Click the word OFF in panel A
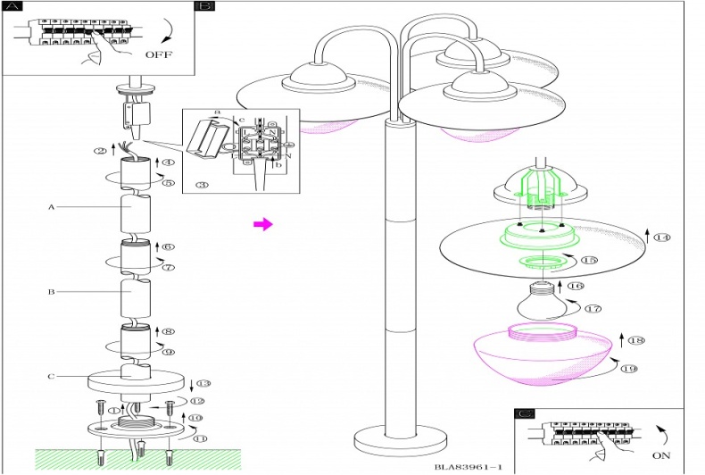[158, 54]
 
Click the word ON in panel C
[659, 454]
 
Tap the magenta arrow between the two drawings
[262, 224]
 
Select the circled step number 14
[662, 237]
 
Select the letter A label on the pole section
[52, 206]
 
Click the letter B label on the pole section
[52, 291]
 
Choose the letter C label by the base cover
[52, 376]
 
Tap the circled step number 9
[168, 351]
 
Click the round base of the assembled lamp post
[399, 439]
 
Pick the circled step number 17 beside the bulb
[593, 308]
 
